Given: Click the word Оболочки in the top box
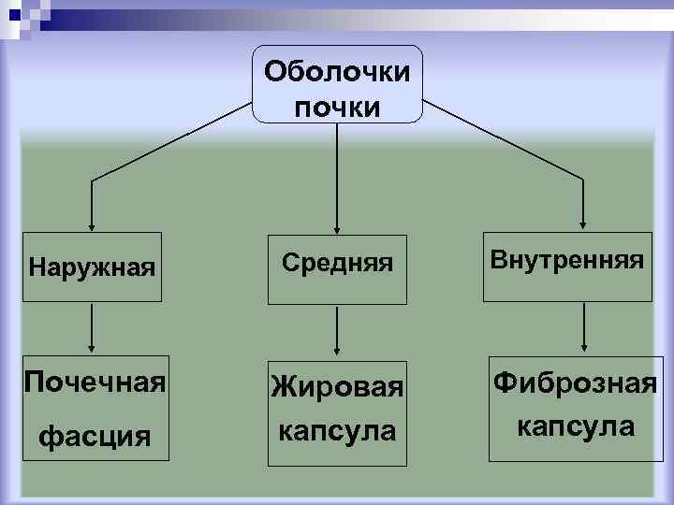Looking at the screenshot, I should [337, 71].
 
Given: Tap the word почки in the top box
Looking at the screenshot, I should [337, 107].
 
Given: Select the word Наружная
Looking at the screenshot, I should [91, 269].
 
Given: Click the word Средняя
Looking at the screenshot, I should [337, 267].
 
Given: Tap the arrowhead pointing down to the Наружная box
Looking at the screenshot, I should [91, 223].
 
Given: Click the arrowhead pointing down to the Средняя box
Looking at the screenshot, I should [337, 223].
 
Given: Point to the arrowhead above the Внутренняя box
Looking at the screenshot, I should [584, 223].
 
